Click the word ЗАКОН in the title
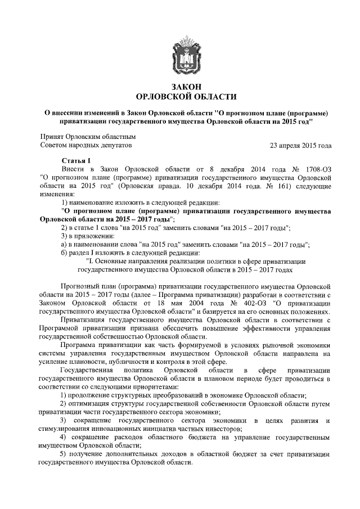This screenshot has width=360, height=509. [x=187, y=85]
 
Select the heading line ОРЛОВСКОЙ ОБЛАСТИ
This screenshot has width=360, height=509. [x=187, y=96]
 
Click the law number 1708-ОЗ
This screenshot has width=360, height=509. [x=316, y=169]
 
